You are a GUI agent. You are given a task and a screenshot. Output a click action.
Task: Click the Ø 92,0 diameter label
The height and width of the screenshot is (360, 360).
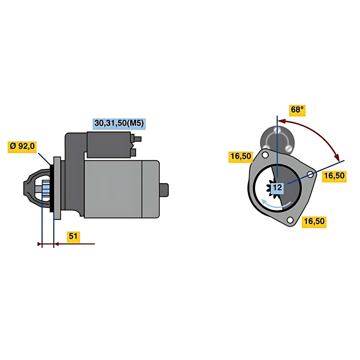22,146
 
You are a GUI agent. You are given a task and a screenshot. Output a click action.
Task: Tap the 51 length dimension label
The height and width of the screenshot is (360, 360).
73,236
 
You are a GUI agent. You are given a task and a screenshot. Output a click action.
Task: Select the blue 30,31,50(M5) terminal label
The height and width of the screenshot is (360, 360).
119,124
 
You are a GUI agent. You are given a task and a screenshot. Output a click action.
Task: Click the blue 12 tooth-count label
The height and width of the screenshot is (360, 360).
277,187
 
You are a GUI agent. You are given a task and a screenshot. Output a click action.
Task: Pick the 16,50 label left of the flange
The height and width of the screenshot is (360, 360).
241,156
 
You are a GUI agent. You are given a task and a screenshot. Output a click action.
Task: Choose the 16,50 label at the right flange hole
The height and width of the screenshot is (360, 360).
334,176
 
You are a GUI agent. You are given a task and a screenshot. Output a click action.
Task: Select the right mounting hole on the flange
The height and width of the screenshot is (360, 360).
310,175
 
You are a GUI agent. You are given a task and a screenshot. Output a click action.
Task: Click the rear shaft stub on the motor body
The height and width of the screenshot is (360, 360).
164,190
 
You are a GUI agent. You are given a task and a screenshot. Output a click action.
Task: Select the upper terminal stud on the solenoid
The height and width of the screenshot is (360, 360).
136,139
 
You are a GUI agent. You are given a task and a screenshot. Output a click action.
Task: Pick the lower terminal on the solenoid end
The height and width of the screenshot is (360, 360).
133,152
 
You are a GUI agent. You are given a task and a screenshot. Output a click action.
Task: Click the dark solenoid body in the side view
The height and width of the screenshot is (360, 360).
109,145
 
